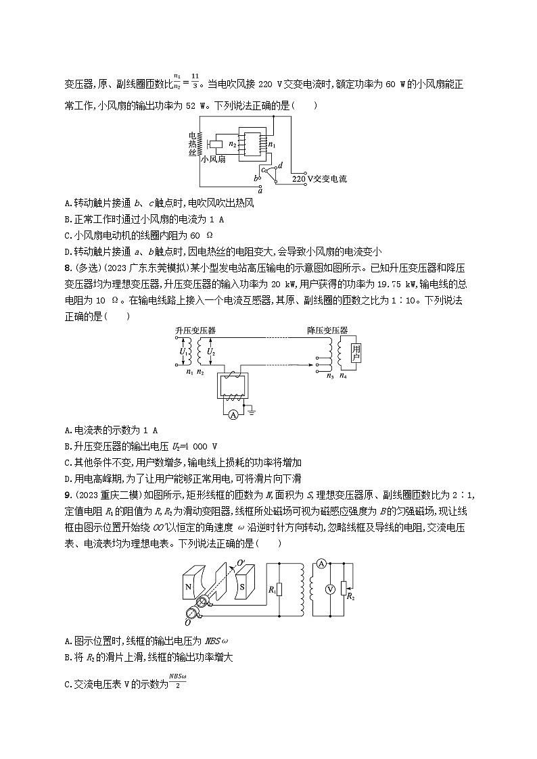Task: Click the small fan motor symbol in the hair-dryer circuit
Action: (216, 144)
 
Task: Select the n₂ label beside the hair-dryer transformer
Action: (233, 143)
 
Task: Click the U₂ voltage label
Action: (209, 352)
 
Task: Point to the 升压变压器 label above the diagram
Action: (191, 330)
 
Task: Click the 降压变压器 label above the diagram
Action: (327, 330)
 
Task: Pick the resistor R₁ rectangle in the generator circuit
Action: (279, 589)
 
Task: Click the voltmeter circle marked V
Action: (329, 589)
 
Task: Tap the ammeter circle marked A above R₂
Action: (323, 562)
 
